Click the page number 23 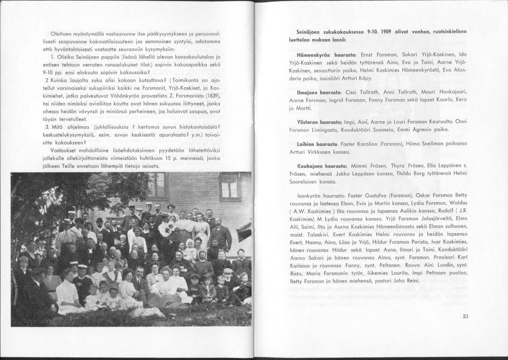click(465, 316)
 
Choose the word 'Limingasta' click(336, 129)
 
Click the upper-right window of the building click(230, 187)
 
